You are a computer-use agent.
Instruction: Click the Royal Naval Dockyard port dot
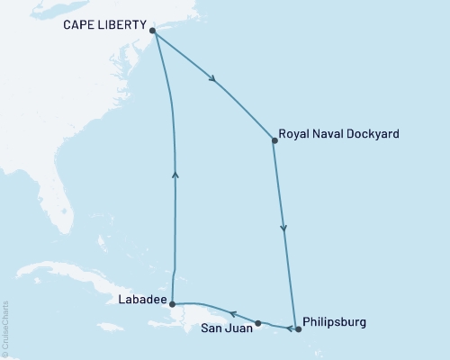pyautogui.click(x=274, y=139)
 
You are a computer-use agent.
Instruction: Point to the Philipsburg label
pyautogui.click(x=336, y=321)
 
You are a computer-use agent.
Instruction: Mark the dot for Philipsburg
pyautogui.click(x=298, y=329)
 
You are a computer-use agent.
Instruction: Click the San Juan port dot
pyautogui.click(x=258, y=323)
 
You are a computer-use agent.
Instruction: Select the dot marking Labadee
pyautogui.click(x=172, y=304)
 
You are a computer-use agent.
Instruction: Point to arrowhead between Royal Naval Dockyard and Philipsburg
pyautogui.click(x=284, y=229)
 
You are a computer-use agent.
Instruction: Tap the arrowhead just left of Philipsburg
pyautogui.click(x=288, y=328)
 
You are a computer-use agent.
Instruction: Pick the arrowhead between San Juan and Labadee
pyautogui.click(x=232, y=314)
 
